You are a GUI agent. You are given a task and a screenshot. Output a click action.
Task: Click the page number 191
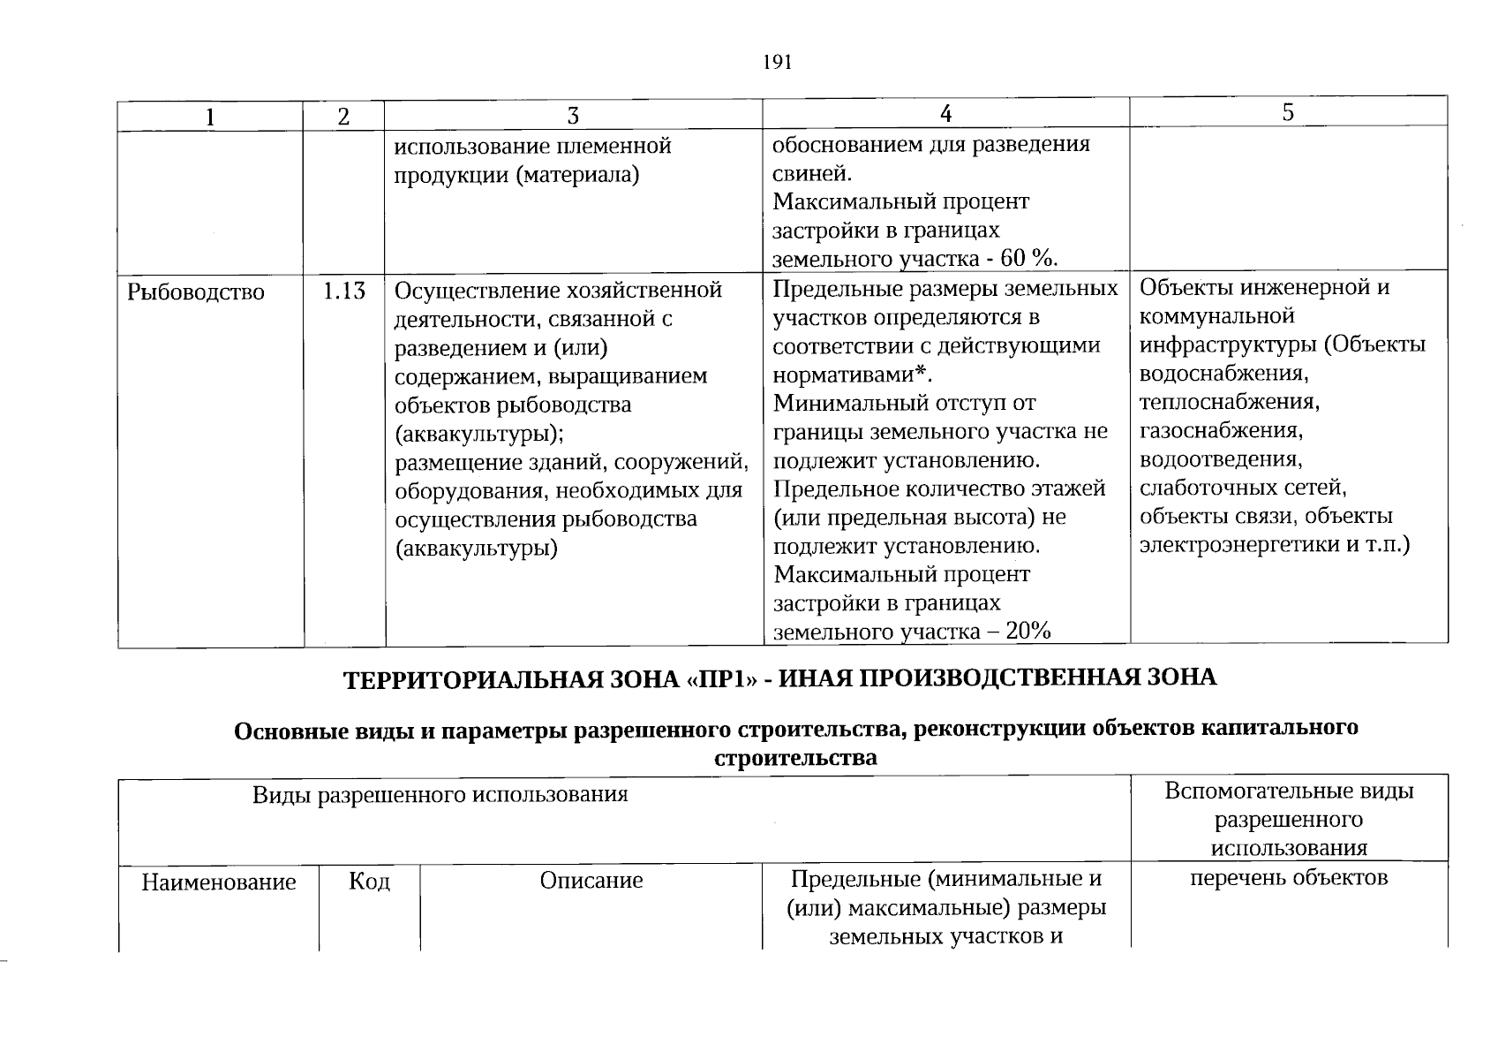pos(776,62)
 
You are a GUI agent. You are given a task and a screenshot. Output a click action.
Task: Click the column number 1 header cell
pos(210,116)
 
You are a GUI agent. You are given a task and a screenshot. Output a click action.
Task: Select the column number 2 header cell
pos(343,116)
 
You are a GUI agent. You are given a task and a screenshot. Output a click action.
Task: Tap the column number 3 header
pos(573,116)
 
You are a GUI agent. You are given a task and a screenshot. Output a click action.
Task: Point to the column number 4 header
pos(945,113)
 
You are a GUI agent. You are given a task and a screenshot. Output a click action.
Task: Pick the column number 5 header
pos(1288,112)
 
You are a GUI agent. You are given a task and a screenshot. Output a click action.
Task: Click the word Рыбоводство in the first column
pos(196,292)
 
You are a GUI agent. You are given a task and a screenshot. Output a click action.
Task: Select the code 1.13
pos(344,291)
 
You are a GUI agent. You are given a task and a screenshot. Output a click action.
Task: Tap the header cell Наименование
pos(218,882)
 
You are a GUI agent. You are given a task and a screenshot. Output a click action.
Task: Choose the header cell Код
pos(369,882)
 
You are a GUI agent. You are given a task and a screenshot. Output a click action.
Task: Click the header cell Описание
pos(591,881)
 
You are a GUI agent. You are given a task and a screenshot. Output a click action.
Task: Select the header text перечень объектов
pos(1289,878)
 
